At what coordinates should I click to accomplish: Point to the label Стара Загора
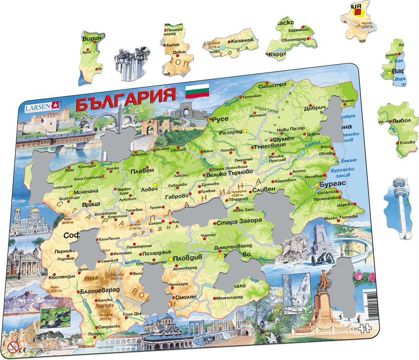pyautogui.click(x=239, y=220)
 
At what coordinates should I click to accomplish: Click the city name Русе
pyautogui.click(x=220, y=119)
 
